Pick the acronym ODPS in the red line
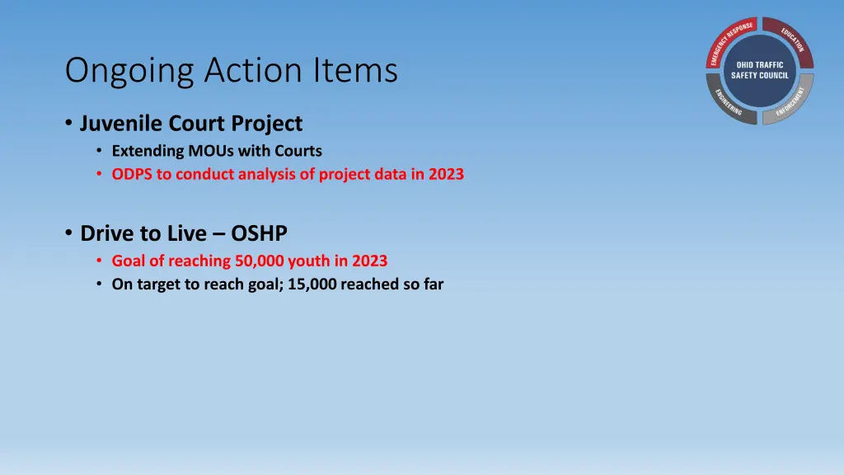131,174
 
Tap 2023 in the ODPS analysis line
446,174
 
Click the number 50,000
256,261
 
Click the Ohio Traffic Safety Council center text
760,70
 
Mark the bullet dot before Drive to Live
68,233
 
